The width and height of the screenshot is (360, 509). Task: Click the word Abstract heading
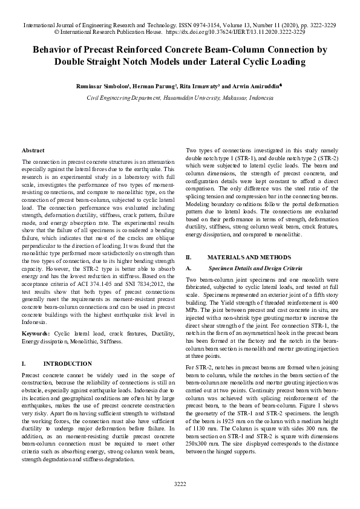[x=33, y=150]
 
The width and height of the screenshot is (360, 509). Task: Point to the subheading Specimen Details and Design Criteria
[x=251, y=267]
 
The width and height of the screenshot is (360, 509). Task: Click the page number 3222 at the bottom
[x=180, y=484]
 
